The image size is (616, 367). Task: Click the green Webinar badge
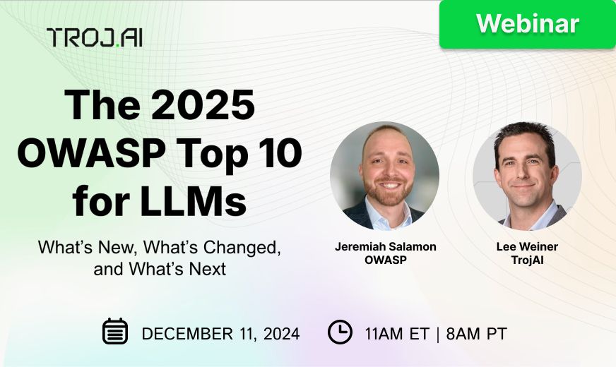[528, 24]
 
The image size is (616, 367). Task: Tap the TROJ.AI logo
[95, 37]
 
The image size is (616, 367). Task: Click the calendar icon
[115, 332]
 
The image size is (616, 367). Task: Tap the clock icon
[340, 332]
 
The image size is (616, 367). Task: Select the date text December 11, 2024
[220, 333]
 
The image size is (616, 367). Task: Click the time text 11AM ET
[397, 333]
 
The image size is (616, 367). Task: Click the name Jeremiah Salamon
[385, 247]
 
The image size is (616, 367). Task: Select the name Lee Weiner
[526, 247]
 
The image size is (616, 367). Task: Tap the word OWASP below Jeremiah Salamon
[385, 260]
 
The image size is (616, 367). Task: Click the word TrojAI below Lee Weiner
[526, 260]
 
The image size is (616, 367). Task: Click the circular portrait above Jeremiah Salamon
[384, 176]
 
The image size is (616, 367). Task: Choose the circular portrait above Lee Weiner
[527, 176]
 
